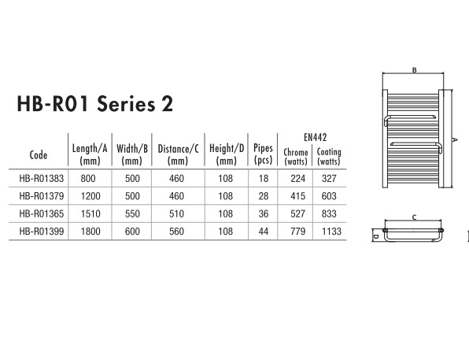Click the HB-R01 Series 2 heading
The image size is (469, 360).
click(94, 104)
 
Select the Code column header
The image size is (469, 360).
click(39, 155)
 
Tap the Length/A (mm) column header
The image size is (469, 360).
click(90, 154)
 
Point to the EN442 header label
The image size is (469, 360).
click(316, 138)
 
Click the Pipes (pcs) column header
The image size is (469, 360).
click(263, 154)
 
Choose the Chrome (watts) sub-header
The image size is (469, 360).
click(296, 157)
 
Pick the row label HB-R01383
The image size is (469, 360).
click(42, 179)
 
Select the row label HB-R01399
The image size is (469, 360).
click(42, 232)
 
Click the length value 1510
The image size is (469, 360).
click(90, 213)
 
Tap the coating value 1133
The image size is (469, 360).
click(331, 232)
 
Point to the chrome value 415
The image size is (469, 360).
click(298, 196)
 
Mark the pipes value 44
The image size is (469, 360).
click(264, 232)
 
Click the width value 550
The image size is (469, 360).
click(132, 213)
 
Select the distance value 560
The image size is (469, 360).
click(176, 232)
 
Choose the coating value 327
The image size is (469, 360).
click(329, 179)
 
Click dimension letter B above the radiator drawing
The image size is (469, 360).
click(414, 70)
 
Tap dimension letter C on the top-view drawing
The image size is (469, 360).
click(414, 217)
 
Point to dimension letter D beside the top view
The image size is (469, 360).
click(376, 236)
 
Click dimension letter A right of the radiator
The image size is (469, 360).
click(455, 139)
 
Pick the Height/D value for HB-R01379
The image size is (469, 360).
click(226, 196)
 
